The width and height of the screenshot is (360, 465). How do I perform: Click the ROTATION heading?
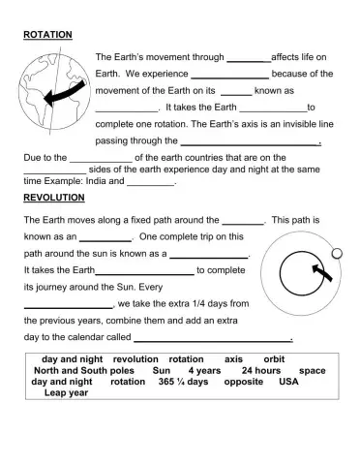point(47,35)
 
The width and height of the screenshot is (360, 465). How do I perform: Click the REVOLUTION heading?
point(54,197)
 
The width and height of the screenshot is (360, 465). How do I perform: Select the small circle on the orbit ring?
point(336,254)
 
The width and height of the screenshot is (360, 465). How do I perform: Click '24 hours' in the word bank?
point(260,370)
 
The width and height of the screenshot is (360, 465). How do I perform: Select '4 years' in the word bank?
point(204,370)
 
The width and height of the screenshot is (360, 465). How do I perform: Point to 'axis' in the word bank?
point(233,358)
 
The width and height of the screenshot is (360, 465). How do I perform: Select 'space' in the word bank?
point(312,370)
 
